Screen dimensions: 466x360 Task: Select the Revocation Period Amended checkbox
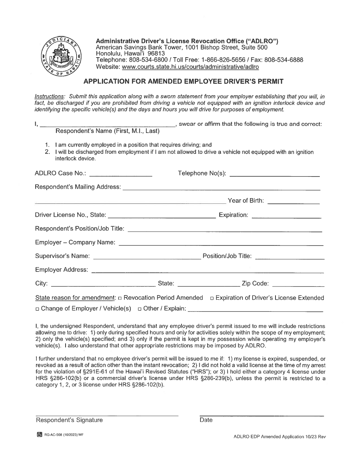click(x=120, y=298)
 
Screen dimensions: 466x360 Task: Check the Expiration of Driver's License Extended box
click(x=212, y=298)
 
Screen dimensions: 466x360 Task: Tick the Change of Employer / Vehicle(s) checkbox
click(x=37, y=309)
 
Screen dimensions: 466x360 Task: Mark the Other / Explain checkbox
click(x=140, y=309)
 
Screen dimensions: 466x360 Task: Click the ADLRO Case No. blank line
click(x=121, y=175)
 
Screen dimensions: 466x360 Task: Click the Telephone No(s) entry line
click(x=274, y=175)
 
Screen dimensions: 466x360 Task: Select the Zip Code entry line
click(x=298, y=285)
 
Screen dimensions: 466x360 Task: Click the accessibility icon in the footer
click(x=39, y=435)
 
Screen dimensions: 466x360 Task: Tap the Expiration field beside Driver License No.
click(x=286, y=217)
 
